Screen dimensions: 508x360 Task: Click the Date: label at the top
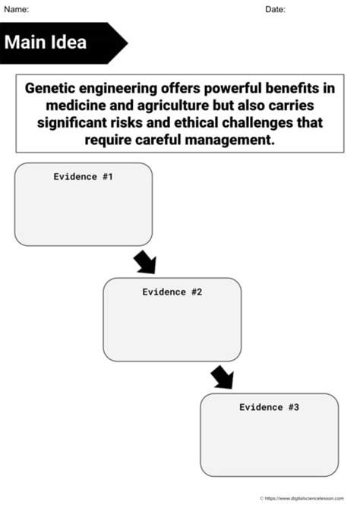(x=275, y=9)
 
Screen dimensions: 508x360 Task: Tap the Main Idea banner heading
(x=46, y=42)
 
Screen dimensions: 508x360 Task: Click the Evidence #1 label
(x=83, y=176)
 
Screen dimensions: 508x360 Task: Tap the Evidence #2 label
(x=172, y=292)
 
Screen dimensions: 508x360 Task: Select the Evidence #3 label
(x=269, y=407)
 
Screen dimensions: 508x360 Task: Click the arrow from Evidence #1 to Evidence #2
(x=144, y=262)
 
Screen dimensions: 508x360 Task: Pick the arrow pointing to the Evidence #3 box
(x=223, y=377)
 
